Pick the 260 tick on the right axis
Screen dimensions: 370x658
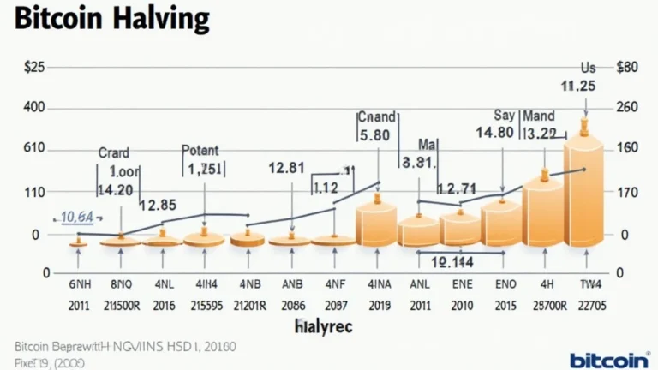pyautogui.click(x=628, y=108)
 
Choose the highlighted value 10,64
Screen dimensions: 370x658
pyautogui.click(x=77, y=218)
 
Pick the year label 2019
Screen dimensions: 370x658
pyautogui.click(x=376, y=306)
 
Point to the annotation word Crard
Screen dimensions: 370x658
pyautogui.click(x=114, y=152)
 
